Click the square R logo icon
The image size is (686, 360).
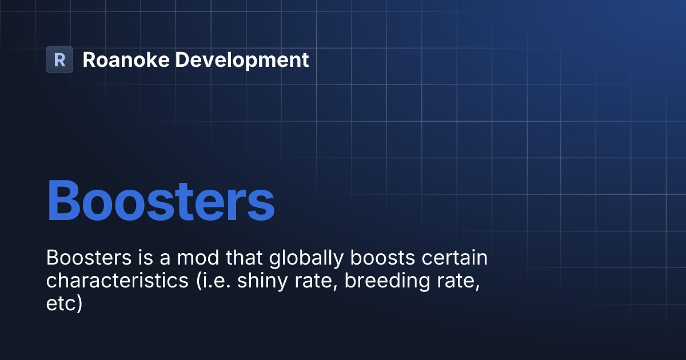coord(59,59)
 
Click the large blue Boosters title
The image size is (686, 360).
coord(161,201)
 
